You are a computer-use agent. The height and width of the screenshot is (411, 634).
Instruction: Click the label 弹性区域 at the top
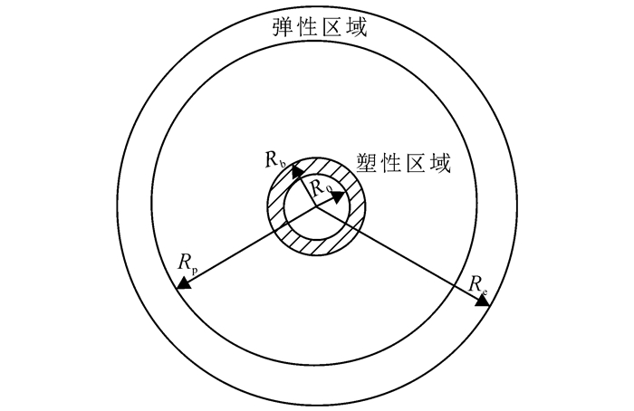coord(320,27)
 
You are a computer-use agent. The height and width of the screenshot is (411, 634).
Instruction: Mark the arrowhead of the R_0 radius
coord(339,194)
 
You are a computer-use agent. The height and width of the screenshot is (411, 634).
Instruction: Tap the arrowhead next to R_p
coord(183,284)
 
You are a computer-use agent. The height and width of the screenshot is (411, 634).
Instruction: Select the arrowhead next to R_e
coord(482,300)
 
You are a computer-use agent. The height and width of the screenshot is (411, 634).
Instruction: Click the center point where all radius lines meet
coord(316,207)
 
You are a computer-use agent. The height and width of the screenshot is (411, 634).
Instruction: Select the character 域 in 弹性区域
coord(357,27)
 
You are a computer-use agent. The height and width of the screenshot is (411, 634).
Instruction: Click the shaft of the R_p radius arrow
coord(249,246)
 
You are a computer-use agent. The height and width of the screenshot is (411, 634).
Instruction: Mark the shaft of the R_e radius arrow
coord(399,253)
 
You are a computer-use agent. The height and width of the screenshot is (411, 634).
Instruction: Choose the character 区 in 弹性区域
coord(331,27)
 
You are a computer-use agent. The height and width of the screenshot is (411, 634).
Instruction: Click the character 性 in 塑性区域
coord(395,164)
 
